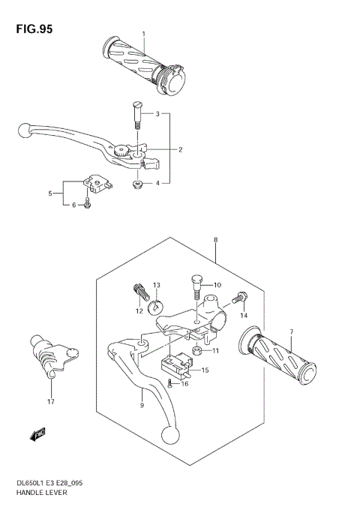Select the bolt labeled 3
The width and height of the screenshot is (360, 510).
tap(137, 112)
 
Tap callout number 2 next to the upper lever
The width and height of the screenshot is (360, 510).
tap(180, 149)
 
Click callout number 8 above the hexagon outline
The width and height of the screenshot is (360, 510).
tap(215, 240)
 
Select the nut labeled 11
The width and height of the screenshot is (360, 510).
tap(196, 349)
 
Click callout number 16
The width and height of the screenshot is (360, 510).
tap(184, 383)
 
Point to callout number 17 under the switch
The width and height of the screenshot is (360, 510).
tap(50, 402)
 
